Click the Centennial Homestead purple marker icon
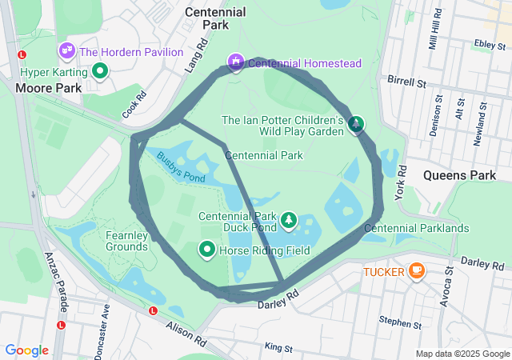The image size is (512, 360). pyautogui.click(x=235, y=62)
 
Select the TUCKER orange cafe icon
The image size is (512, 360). pyautogui.click(x=416, y=271)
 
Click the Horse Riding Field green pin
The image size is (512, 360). pyautogui.click(x=206, y=250)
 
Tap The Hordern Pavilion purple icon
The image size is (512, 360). pyautogui.click(x=66, y=51)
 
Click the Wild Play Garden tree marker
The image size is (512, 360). pyautogui.click(x=356, y=125)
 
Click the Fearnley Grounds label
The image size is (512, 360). pyautogui.click(x=126, y=241)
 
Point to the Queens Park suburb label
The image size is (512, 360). pyautogui.click(x=460, y=174)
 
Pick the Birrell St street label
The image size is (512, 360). pyautogui.click(x=406, y=81)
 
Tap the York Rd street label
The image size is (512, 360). pyautogui.click(x=402, y=187)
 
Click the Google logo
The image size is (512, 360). pyautogui.click(x=27, y=350)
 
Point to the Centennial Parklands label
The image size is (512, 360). pyautogui.click(x=416, y=229)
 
